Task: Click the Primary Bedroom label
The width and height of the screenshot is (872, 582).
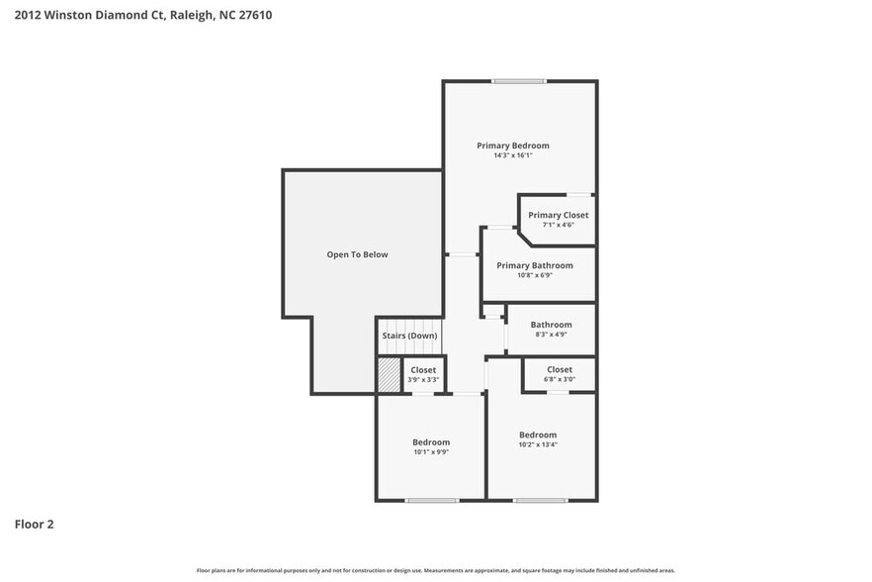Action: [x=512, y=145]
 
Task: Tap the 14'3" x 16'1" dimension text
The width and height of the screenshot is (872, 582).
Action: [x=512, y=155]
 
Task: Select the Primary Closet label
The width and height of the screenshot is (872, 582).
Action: [x=558, y=215]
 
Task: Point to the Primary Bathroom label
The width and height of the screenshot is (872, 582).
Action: [x=534, y=265]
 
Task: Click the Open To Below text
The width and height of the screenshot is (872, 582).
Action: [x=357, y=254]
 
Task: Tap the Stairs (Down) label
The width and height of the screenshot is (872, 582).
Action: [x=409, y=336]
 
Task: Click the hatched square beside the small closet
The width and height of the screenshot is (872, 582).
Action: [x=387, y=374]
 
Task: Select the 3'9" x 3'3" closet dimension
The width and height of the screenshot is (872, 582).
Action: [x=423, y=380]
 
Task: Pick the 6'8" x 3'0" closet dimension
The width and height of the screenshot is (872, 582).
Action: [x=559, y=379]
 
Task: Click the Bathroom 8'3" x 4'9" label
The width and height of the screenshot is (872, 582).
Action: [x=551, y=325]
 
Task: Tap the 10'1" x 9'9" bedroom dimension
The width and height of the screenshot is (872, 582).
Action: [x=430, y=452]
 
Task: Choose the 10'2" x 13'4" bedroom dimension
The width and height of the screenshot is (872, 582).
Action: [x=538, y=444]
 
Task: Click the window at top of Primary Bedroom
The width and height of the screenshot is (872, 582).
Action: [x=519, y=81]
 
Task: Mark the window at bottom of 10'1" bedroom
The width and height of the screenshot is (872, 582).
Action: [x=431, y=500]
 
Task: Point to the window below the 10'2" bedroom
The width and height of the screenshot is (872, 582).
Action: [x=540, y=500]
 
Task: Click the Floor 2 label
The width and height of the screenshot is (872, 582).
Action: [x=34, y=524]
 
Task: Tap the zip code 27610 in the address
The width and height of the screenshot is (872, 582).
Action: [x=255, y=15]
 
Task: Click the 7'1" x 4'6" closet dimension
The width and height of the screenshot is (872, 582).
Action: [x=558, y=225]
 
